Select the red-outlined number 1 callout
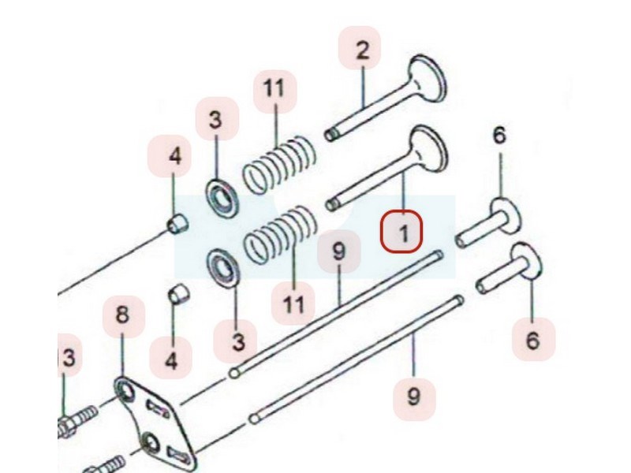tap(401, 232)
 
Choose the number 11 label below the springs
tap(293, 303)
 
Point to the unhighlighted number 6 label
tap(499, 136)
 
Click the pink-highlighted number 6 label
tap(533, 339)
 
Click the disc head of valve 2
tap(428, 77)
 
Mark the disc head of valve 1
tap(429, 148)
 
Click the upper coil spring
tap(279, 165)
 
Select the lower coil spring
tap(281, 234)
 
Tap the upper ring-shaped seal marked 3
tap(222, 198)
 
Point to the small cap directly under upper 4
tap(177, 224)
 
